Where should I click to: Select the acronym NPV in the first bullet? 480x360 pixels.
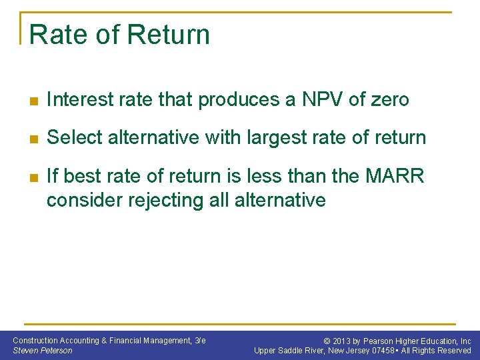319,100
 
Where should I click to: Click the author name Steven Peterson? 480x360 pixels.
43,350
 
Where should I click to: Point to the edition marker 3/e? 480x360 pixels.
199,341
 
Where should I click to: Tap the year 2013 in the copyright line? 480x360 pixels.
341,341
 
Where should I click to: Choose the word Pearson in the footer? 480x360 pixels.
378,341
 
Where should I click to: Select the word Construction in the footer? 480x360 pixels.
35,341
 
